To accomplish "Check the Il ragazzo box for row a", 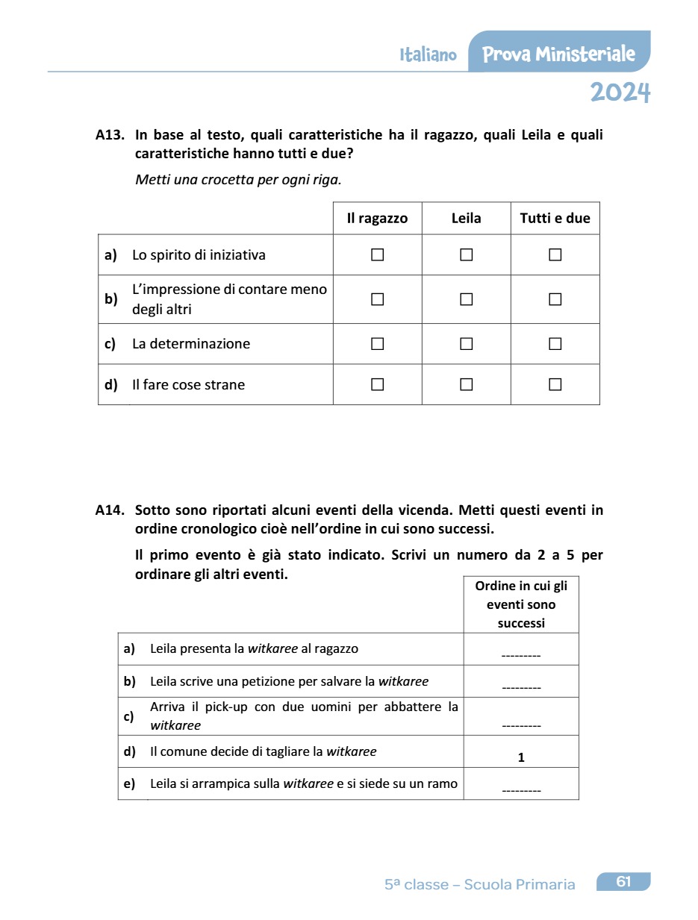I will [377, 255].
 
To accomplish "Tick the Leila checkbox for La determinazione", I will [467, 344].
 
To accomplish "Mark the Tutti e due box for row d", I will [555, 385].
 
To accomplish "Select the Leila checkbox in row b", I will [467, 299].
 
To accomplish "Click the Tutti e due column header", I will [555, 219].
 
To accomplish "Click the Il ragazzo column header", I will [377, 219].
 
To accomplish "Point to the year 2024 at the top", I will [620, 93].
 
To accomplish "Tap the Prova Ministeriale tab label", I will [558, 54].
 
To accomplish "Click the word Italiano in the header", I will [428, 54].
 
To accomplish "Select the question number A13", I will [110, 135].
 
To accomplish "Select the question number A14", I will [110, 510].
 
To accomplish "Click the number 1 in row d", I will [521, 757].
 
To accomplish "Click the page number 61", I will [623, 882].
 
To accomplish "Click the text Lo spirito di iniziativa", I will [199, 255].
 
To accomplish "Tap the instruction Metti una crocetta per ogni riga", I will [238, 180].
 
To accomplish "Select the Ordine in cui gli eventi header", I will [521, 604].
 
